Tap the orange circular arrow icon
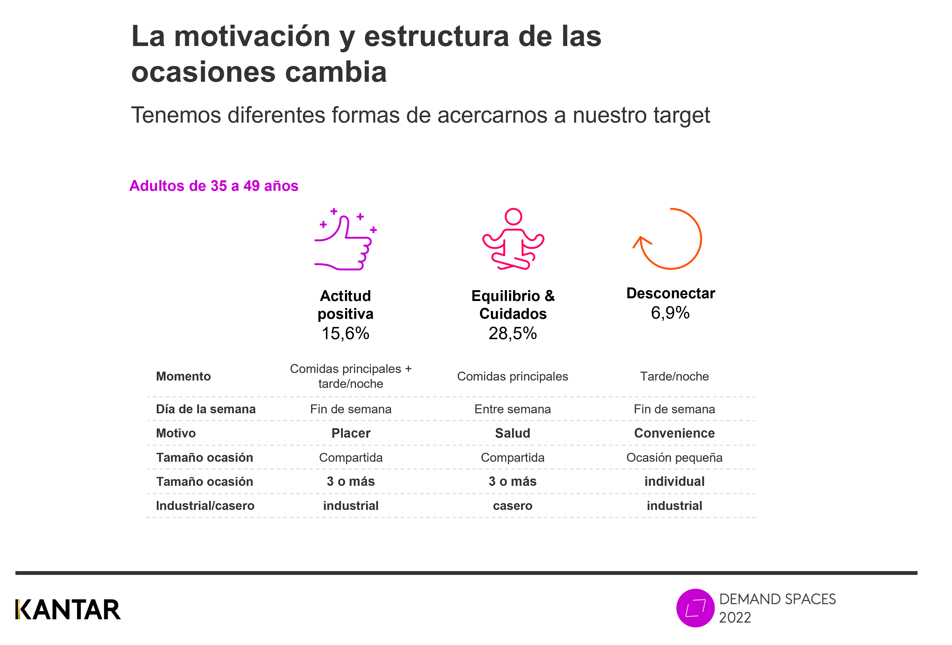[669, 239]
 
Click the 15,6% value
[345, 334]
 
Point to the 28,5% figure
[513, 334]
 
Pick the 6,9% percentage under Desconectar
[670, 313]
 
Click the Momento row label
[184, 376]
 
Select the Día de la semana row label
[206, 409]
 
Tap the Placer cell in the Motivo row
[351, 433]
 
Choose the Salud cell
[513, 433]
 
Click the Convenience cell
[674, 433]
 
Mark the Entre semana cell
[513, 409]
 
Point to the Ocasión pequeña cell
[674, 457]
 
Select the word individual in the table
[674, 482]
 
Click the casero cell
[513, 506]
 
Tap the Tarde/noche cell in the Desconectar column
[674, 376]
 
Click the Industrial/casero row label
[205, 506]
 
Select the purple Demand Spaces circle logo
[695, 608]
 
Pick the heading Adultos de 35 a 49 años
[214, 186]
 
